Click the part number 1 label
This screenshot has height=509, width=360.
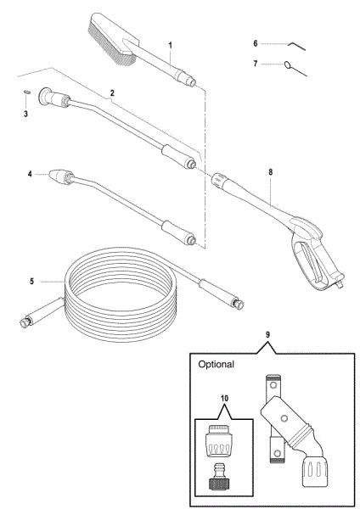pyautogui.click(x=170, y=45)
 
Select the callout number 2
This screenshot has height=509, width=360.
pyautogui.click(x=112, y=93)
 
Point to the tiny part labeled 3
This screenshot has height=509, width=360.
pyautogui.click(x=27, y=92)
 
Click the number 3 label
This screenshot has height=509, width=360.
pyautogui.click(x=25, y=114)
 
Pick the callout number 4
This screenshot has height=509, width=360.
pyautogui.click(x=30, y=174)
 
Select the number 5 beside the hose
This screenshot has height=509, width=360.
pyautogui.click(x=31, y=281)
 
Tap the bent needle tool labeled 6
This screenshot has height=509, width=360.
pyautogui.click(x=296, y=45)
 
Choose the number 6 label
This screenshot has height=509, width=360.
pyautogui.click(x=256, y=43)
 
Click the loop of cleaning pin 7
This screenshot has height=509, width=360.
pyautogui.click(x=288, y=64)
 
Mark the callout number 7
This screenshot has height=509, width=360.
pyautogui.click(x=256, y=64)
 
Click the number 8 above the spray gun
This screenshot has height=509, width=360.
pyautogui.click(x=271, y=172)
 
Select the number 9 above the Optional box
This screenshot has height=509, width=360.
pyautogui.click(x=267, y=335)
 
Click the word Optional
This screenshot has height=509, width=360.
pyautogui.click(x=216, y=364)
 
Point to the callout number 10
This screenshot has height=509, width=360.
pyautogui.click(x=224, y=399)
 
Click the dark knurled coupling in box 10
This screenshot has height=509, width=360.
pyautogui.click(x=217, y=485)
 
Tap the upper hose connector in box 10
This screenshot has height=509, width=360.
pyautogui.click(x=218, y=441)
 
